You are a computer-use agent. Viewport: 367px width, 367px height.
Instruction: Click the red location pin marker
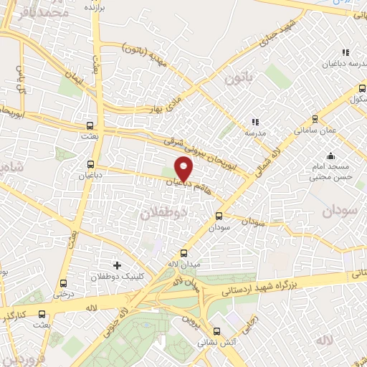184,168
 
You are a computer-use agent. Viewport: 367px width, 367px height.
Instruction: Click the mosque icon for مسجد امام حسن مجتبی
330,156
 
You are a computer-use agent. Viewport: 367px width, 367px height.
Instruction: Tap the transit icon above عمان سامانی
315,120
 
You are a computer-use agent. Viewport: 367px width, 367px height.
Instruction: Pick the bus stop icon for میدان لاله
183,253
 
